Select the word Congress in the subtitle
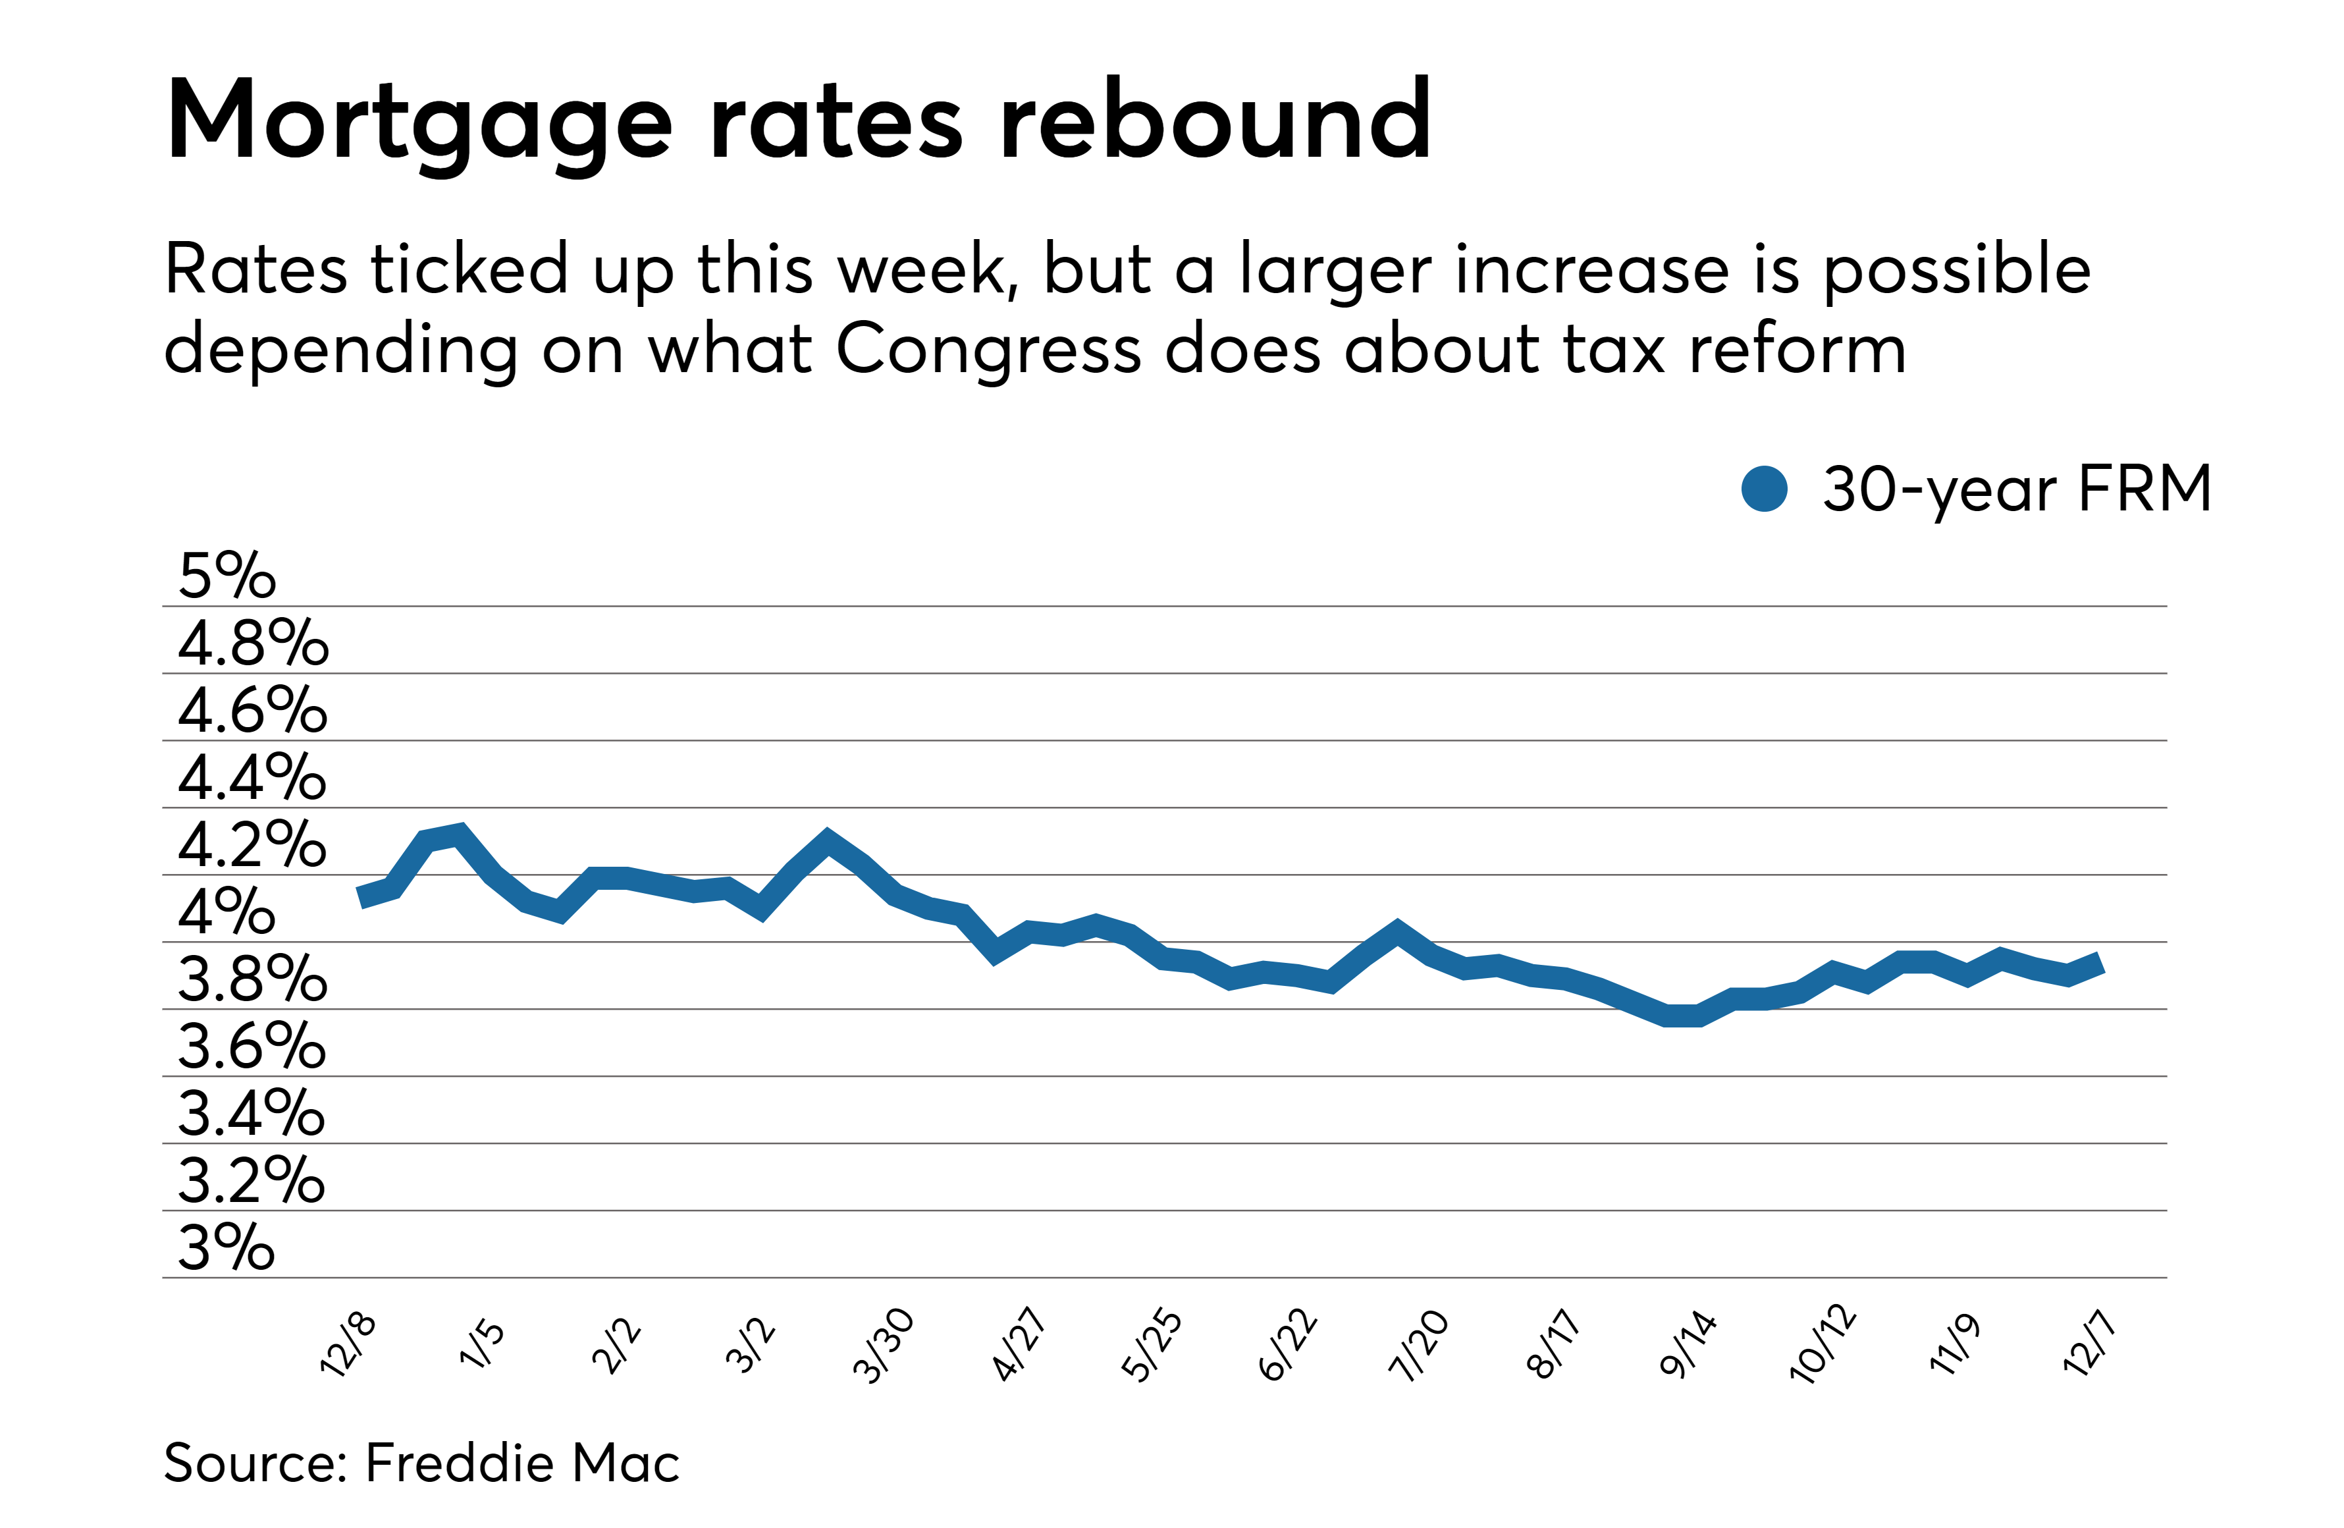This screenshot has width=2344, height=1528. click(988, 350)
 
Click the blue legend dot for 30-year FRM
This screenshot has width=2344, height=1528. click(1764, 489)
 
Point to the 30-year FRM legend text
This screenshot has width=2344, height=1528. click(2016, 489)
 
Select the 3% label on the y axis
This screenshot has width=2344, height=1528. click(226, 1247)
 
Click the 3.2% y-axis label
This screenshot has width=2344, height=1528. click(251, 1180)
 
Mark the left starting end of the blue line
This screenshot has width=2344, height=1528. click(361, 896)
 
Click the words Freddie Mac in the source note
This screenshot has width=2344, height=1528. click(522, 1463)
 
